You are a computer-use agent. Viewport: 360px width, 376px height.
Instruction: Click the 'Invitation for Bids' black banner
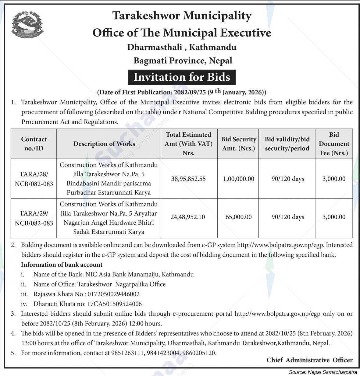(x=182, y=77)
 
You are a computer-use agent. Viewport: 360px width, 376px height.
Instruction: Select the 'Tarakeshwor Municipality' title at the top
(x=182, y=16)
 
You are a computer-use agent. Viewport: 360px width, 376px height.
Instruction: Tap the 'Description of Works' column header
(x=104, y=144)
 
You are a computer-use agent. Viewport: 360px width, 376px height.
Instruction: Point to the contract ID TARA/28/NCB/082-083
(x=34, y=179)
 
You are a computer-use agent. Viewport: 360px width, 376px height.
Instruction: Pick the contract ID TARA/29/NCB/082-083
(x=34, y=218)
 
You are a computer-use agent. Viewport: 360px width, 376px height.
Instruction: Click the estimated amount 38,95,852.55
(x=188, y=179)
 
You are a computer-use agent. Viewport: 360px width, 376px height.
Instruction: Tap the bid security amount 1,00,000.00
(x=238, y=179)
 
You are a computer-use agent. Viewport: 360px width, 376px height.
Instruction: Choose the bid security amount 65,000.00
(x=238, y=217)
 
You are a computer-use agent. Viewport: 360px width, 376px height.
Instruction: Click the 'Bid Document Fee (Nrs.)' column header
(x=334, y=144)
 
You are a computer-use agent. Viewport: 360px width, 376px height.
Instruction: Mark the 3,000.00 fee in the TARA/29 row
(x=334, y=217)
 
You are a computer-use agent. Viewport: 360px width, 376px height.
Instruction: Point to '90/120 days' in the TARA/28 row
(x=288, y=179)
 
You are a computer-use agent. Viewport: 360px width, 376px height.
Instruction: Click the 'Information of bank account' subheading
(x=62, y=265)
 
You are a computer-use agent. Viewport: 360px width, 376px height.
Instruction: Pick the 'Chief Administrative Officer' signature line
(x=309, y=360)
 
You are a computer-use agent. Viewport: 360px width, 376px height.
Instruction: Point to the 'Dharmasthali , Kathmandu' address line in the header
(x=182, y=47)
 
